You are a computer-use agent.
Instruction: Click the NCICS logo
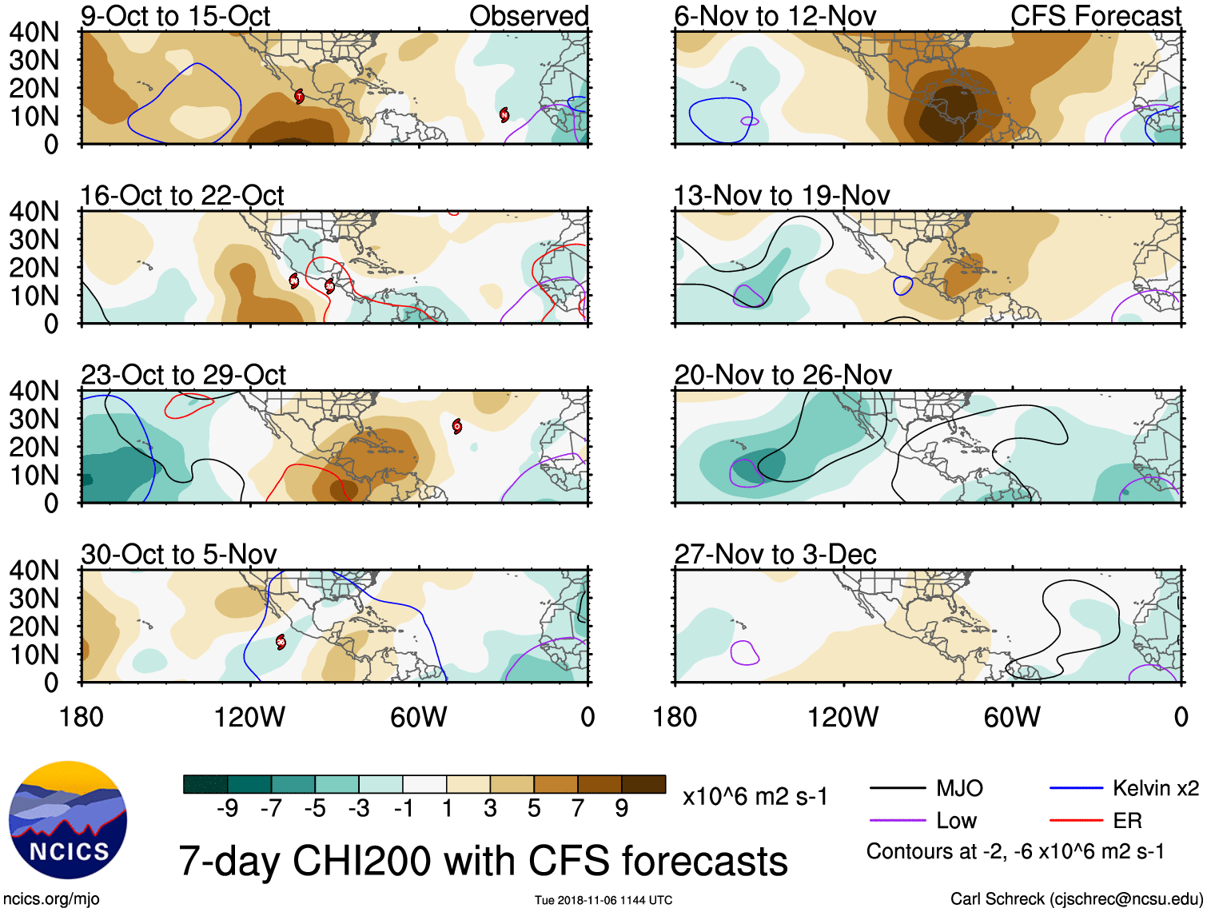68,820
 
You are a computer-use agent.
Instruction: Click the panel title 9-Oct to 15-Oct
175,16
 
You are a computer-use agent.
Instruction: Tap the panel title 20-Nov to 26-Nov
783,375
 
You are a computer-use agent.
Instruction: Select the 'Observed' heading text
528,16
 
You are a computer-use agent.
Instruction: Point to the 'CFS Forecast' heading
1095,16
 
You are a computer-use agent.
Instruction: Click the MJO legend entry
959,789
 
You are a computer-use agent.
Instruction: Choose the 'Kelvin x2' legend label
1155,789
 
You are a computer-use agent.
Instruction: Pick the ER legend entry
1127,821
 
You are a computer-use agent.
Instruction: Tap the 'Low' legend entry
956,821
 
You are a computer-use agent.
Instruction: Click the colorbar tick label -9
227,809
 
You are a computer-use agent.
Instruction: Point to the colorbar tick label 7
578,809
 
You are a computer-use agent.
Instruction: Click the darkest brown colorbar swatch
643,784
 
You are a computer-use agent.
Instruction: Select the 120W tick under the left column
249,717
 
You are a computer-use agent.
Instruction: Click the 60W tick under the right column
1012,717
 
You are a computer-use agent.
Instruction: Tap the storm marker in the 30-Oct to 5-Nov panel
281,641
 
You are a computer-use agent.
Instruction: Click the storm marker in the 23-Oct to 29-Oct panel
456,426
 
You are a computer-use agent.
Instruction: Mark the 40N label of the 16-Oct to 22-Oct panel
34,212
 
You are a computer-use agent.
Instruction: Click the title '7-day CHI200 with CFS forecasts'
483,861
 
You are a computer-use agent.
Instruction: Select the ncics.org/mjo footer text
51,899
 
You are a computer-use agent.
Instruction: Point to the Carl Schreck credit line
1076,899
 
